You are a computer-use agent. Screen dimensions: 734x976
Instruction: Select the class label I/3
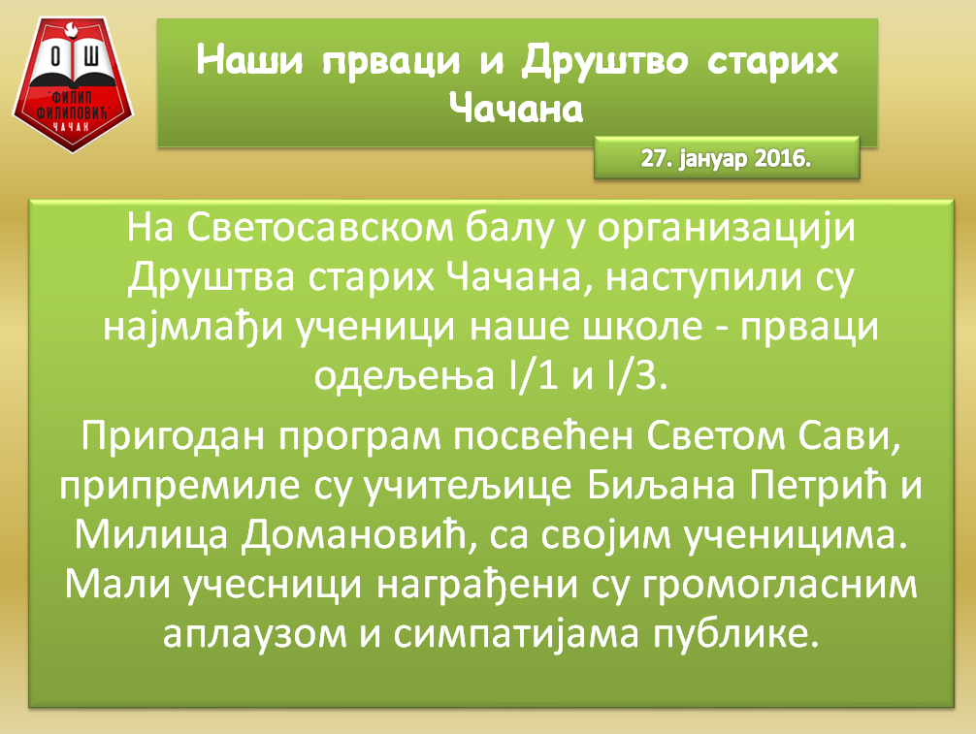[x=641, y=373]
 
